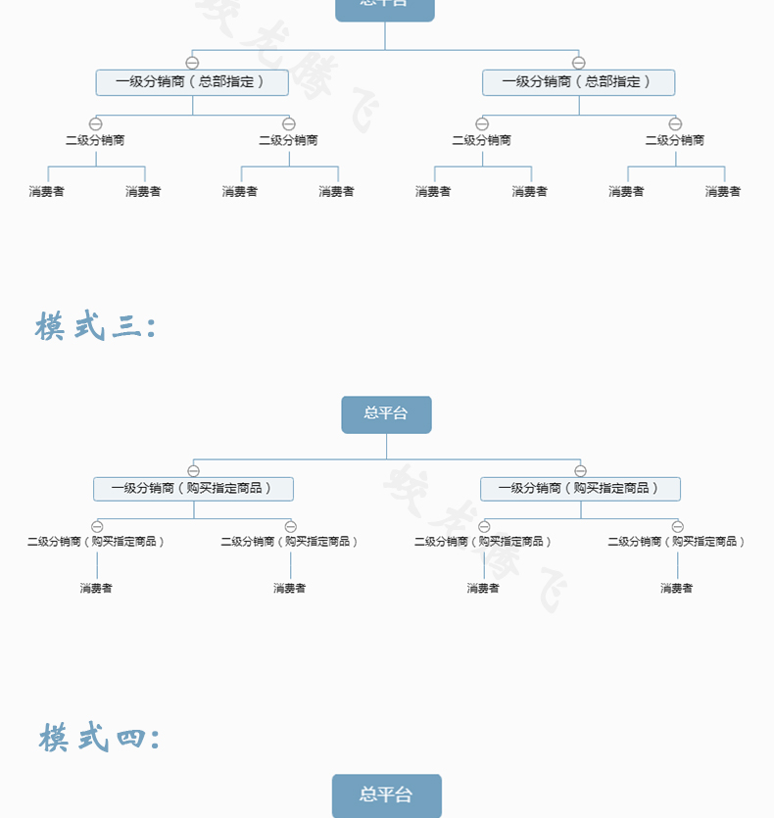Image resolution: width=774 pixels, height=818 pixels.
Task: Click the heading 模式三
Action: pos(95,326)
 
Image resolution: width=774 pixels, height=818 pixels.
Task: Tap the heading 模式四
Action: pos(98,738)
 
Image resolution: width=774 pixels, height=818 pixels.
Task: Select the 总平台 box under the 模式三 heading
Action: pos(386,413)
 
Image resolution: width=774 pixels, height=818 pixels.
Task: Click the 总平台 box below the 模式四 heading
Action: pos(386,794)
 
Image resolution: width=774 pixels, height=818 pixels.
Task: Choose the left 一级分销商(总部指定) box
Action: pos(192,82)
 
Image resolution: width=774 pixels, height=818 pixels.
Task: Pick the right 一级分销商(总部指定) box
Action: pos(578,82)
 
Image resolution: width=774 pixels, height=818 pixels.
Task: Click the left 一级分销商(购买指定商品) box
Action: pos(193,488)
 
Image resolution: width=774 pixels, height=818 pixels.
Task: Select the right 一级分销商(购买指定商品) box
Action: pos(580,488)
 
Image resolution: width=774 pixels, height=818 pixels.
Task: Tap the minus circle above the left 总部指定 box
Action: pos(192,63)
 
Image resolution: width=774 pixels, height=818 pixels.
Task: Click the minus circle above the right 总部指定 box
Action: pos(578,63)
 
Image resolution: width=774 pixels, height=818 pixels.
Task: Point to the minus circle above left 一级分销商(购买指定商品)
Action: pos(193,470)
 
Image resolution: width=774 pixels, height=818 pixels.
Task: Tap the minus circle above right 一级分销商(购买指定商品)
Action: pos(580,470)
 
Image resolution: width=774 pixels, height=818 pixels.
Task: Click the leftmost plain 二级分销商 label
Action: pos(95,140)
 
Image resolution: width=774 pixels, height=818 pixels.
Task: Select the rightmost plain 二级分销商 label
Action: pos(674,140)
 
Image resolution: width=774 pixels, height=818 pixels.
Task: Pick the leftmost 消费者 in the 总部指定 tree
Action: pos(47,192)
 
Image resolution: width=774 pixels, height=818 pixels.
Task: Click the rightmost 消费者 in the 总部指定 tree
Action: pos(723,192)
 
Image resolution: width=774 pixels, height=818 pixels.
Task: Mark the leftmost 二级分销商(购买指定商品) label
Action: pos(96,541)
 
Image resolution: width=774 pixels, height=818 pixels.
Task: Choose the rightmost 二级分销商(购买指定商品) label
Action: pos(676,541)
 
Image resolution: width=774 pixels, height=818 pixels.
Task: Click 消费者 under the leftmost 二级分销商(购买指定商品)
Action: pos(96,588)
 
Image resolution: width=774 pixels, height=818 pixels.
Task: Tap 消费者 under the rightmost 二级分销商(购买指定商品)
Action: pos(676,588)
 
